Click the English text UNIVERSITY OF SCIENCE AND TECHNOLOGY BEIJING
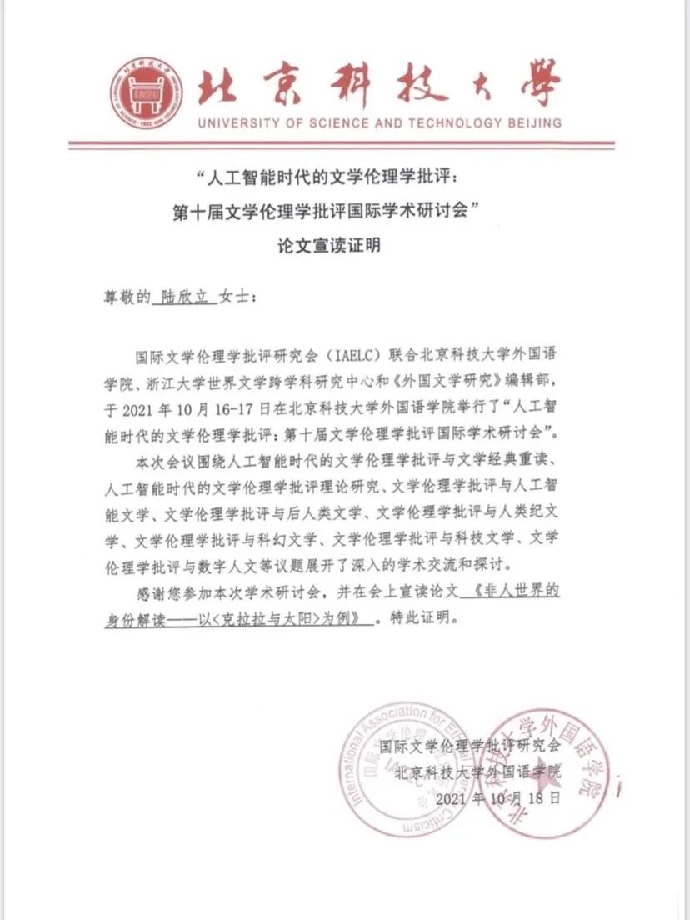coord(379,123)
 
